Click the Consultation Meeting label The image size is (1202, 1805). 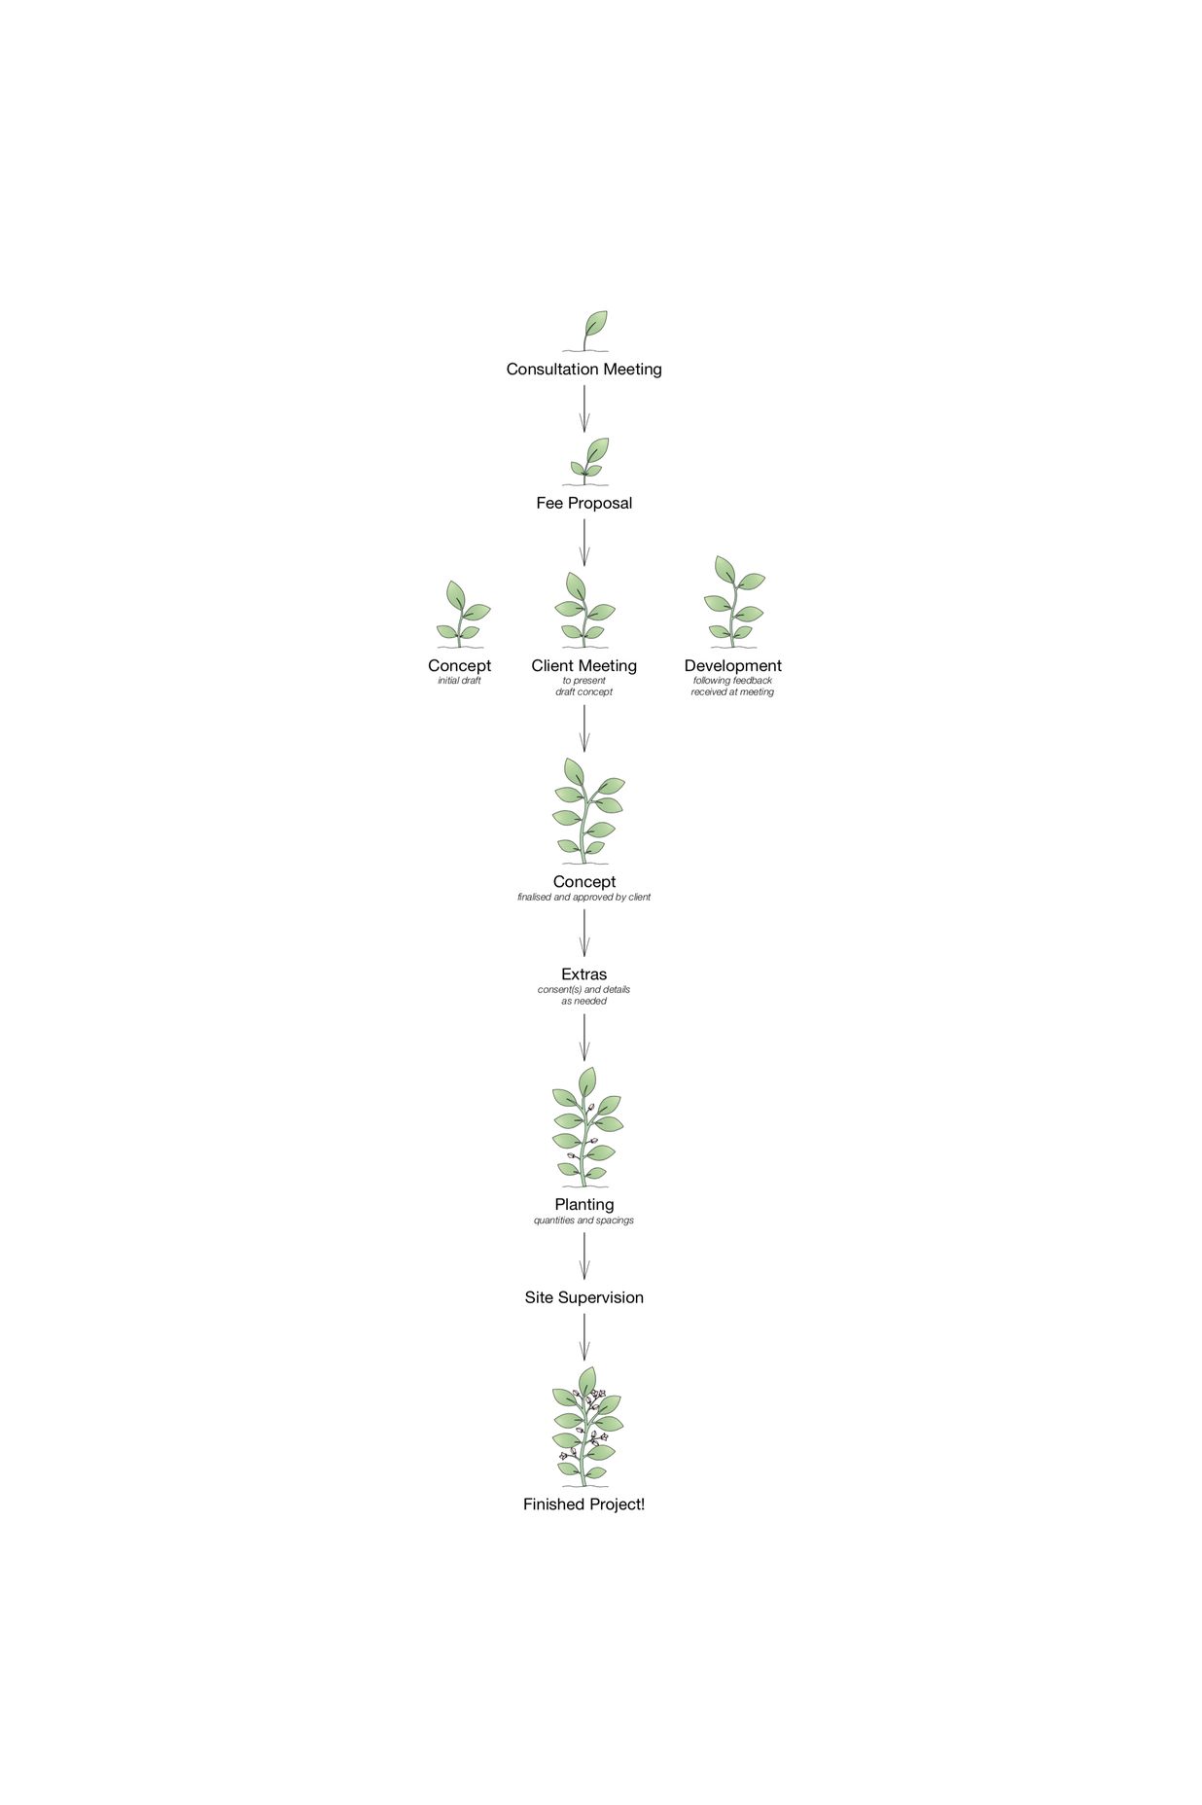[583, 370]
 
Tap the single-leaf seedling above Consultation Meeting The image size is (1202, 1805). [586, 331]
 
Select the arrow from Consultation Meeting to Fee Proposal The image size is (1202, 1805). [583, 408]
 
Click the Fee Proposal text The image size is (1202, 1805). [583, 503]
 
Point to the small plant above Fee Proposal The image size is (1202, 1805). [586, 462]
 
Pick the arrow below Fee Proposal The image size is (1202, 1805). [583, 543]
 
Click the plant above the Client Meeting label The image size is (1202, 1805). [584, 610]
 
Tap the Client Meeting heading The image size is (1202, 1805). [583, 665]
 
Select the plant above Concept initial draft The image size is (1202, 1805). [461, 615]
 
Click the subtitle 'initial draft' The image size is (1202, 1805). [459, 681]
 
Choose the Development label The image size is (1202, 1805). [732, 665]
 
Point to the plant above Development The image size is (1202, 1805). [734, 602]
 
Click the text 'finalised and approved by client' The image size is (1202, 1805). [583, 897]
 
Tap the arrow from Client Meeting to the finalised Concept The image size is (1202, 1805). [583, 728]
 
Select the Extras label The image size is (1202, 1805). [583, 973]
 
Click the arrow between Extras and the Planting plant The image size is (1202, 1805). [583, 1037]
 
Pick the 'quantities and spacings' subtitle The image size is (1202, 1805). [583, 1220]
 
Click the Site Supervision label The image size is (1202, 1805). [583, 1297]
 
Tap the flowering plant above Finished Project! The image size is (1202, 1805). [587, 1427]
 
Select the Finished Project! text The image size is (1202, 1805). [583, 1504]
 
